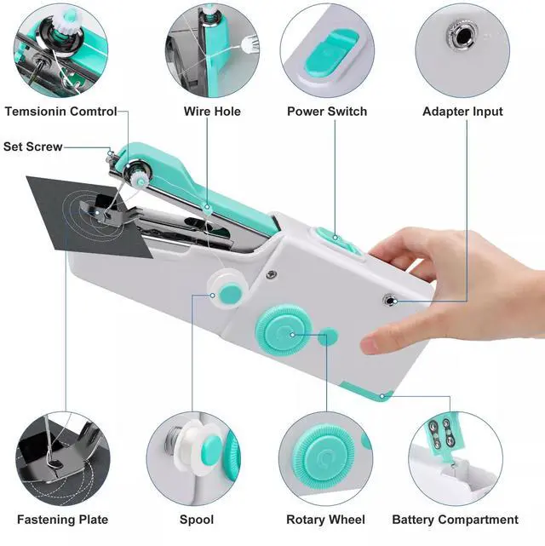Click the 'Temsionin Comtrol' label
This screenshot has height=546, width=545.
61,112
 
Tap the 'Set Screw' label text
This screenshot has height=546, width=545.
33,147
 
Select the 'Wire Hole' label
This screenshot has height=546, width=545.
212,112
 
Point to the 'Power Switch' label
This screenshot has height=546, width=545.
327,112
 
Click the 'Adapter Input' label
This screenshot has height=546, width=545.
463,112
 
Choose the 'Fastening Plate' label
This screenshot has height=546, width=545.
63,520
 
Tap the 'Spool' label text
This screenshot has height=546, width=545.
197,520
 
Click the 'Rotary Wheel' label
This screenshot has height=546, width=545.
326,520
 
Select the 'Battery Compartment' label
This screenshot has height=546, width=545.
456,520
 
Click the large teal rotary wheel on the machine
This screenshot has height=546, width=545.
284,330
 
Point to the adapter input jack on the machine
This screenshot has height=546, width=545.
389,300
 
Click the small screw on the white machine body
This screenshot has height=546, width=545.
272,274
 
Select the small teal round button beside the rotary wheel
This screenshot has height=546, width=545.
328,336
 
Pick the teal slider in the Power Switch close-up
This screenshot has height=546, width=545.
331,53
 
